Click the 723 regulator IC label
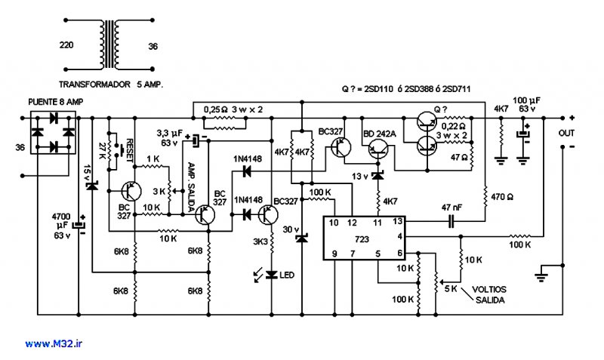click(362, 239)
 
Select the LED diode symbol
click(272, 275)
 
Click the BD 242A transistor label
click(380, 134)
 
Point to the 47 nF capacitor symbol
click(451, 221)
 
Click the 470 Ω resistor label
click(502, 197)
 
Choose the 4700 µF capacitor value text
click(62, 221)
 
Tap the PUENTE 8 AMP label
click(55, 102)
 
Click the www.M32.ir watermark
click(54, 344)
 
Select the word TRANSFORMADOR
click(95, 85)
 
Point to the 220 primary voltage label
click(66, 45)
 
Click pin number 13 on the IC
click(398, 221)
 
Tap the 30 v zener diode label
click(291, 230)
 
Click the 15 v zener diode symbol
click(91, 186)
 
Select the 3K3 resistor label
click(260, 242)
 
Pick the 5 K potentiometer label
click(451, 289)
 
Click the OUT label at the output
click(566, 134)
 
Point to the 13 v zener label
click(360, 177)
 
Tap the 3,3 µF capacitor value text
click(169, 138)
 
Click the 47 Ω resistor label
click(459, 157)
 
